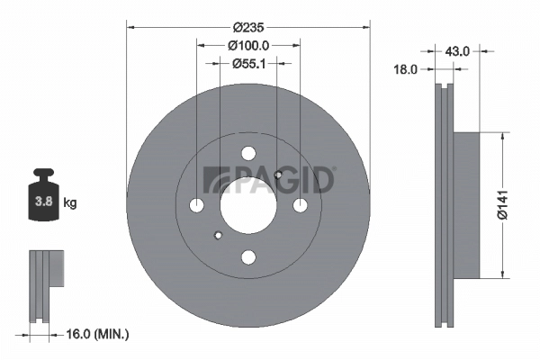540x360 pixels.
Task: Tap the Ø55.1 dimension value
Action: pyautogui.click(x=248, y=63)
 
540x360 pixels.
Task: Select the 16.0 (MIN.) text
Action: pyautogui.click(x=98, y=334)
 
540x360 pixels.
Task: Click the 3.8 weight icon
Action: pyautogui.click(x=43, y=200)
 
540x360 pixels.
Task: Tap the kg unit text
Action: pyautogui.click(x=70, y=203)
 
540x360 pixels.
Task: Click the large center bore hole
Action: pyautogui.click(x=247, y=205)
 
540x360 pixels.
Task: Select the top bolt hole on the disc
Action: pyautogui.click(x=248, y=154)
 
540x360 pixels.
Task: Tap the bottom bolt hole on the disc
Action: pyautogui.click(x=248, y=257)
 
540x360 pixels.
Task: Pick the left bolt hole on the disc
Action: pyautogui.click(x=197, y=206)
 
